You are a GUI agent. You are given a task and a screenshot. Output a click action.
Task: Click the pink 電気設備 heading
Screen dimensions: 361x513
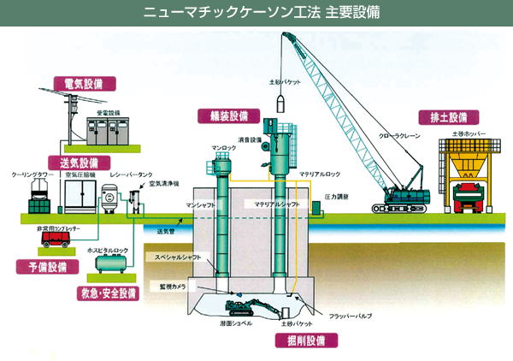pos(77,83)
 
